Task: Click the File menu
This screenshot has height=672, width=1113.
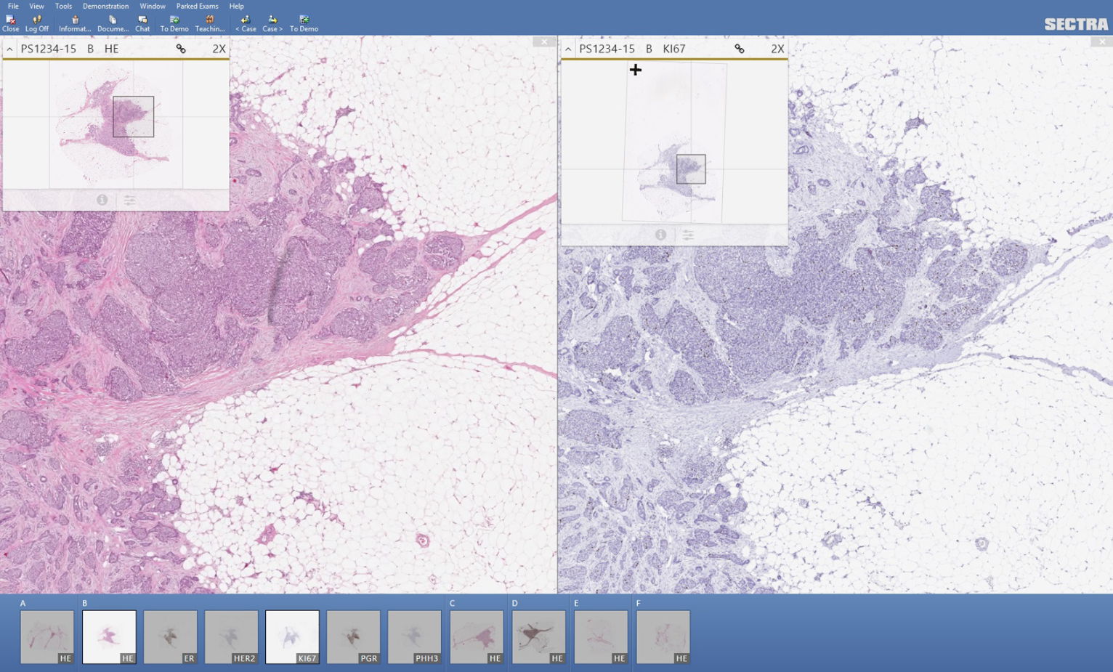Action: point(13,6)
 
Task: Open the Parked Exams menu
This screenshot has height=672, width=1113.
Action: point(197,6)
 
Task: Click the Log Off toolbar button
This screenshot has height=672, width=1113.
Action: point(37,23)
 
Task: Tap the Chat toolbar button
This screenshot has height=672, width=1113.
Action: point(142,23)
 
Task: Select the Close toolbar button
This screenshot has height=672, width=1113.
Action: point(10,23)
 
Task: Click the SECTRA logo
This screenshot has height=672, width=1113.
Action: point(1076,24)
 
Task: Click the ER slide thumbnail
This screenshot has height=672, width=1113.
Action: point(171,636)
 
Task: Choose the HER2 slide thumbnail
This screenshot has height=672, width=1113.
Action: point(232,636)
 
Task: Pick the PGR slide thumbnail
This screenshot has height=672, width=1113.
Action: point(354,636)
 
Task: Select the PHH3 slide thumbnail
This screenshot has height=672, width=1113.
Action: point(415,636)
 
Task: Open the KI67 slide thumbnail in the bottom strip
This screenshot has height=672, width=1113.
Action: point(292,636)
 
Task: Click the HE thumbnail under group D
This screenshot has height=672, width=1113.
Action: point(538,636)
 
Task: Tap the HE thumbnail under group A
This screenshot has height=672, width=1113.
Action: point(47,636)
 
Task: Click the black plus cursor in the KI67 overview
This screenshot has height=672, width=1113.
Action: point(636,70)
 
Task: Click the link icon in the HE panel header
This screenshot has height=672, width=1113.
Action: point(181,49)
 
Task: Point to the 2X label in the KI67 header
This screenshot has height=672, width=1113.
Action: point(777,49)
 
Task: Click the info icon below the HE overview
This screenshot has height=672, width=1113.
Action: point(102,200)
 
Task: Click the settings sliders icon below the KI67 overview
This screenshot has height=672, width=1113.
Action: point(688,235)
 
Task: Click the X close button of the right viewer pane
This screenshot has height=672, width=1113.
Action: point(1102,42)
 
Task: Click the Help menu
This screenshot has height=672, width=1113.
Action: point(236,6)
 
